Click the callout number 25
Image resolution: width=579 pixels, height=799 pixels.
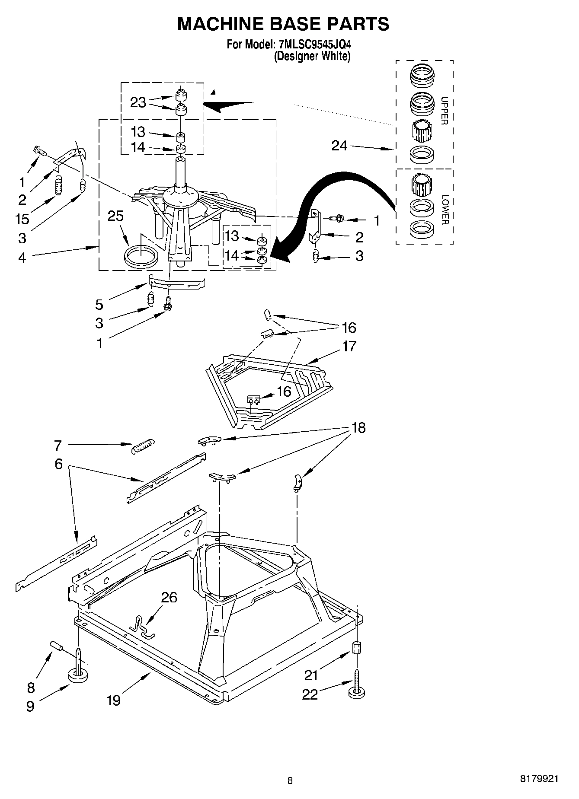pos(116,216)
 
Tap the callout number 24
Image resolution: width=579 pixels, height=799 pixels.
pos(339,146)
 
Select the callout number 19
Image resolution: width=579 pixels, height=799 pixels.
pos(113,700)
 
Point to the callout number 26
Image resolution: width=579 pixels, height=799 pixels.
pos(169,597)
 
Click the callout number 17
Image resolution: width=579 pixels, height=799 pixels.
pos(349,346)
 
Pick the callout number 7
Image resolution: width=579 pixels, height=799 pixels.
pos(58,445)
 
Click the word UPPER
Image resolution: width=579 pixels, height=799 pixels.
pos(444,111)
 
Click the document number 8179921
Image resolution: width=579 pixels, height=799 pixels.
pos(539,778)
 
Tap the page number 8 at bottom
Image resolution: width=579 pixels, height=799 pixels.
pos(290,780)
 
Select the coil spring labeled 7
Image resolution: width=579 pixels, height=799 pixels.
pos(142,446)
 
